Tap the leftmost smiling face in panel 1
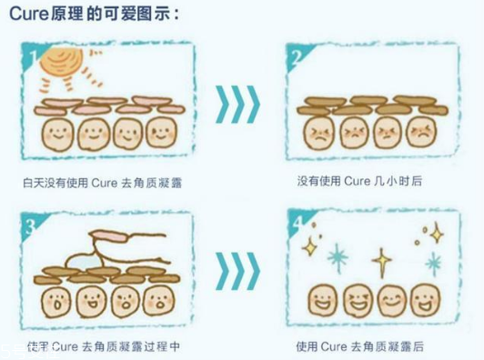(54, 135)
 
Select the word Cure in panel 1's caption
(101, 182)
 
